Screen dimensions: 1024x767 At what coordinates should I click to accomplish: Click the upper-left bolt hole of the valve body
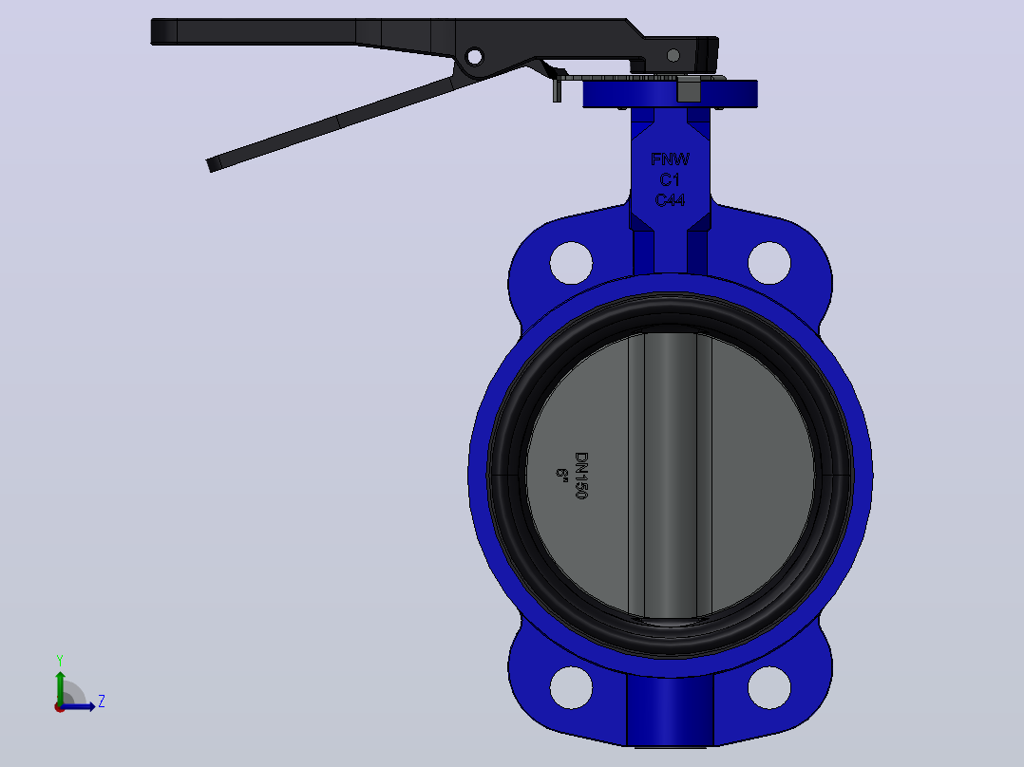571,263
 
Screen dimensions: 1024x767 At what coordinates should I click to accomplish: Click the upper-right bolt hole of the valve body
769,263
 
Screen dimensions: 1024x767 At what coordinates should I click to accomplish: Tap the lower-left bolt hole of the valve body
571,687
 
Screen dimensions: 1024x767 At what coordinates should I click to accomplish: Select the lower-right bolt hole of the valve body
769,687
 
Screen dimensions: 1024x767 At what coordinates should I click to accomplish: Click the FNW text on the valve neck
670,159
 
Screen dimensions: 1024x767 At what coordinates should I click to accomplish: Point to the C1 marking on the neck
670,179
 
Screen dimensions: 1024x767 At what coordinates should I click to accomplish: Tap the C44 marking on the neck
670,199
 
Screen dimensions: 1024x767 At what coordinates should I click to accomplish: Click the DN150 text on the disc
581,476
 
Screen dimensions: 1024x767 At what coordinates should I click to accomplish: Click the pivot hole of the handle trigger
475,57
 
